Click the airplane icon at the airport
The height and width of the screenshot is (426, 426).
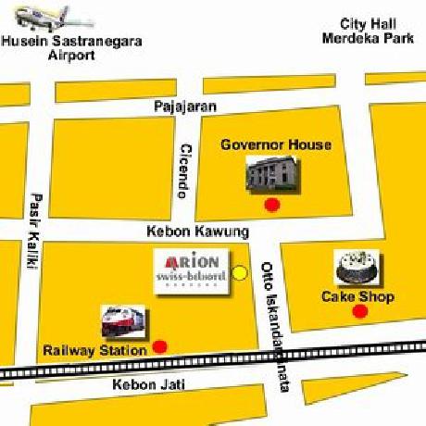42,18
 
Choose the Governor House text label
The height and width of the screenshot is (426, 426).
275,145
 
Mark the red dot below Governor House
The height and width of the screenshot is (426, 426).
271,205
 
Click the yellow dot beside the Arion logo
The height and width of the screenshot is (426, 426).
240,272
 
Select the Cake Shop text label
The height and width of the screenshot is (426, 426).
357,296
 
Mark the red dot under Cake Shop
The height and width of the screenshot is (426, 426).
359,312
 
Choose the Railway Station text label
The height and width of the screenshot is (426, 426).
95,351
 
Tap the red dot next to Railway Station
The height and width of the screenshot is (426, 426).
159,347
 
